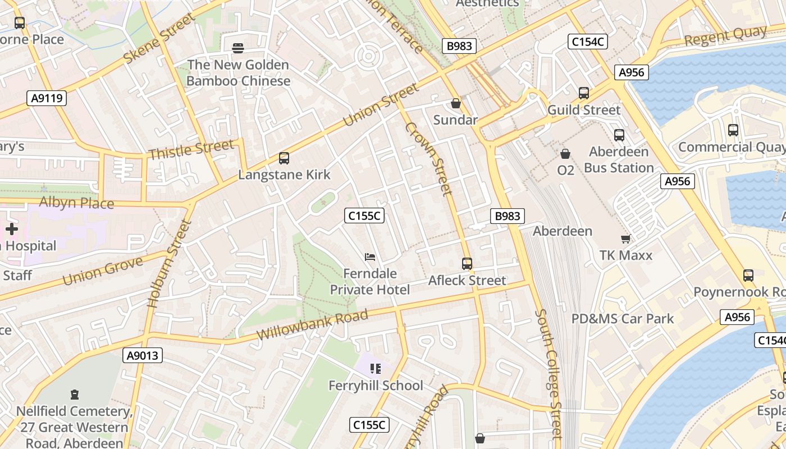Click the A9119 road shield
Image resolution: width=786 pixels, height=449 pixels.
[47, 98]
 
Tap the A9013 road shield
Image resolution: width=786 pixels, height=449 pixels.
[143, 355]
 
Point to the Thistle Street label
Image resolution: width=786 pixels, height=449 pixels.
[191, 150]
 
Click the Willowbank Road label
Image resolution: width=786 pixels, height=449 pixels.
[312, 324]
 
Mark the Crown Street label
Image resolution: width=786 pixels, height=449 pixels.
[428, 158]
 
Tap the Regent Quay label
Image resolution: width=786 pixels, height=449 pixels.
[725, 36]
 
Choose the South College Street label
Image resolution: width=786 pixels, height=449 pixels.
[548, 373]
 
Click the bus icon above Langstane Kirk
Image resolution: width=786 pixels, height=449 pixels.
[284, 158]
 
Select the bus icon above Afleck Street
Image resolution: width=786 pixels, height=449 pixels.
[467, 263]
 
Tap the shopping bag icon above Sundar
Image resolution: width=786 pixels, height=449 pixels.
[456, 104]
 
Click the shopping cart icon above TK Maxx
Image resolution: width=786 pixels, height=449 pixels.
[625, 239]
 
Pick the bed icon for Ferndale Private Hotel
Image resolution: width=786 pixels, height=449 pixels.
[370, 257]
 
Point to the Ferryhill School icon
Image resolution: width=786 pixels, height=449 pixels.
[376, 369]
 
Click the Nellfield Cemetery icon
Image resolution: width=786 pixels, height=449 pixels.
[75, 395]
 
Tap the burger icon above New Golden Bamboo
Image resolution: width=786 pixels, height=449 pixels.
[238, 48]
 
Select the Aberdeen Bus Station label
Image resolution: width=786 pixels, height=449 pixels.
[619, 159]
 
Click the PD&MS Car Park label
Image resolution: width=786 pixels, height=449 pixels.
[623, 319]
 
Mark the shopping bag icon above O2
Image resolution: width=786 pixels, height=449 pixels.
[565, 153]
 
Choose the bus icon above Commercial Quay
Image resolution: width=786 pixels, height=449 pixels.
[733, 130]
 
